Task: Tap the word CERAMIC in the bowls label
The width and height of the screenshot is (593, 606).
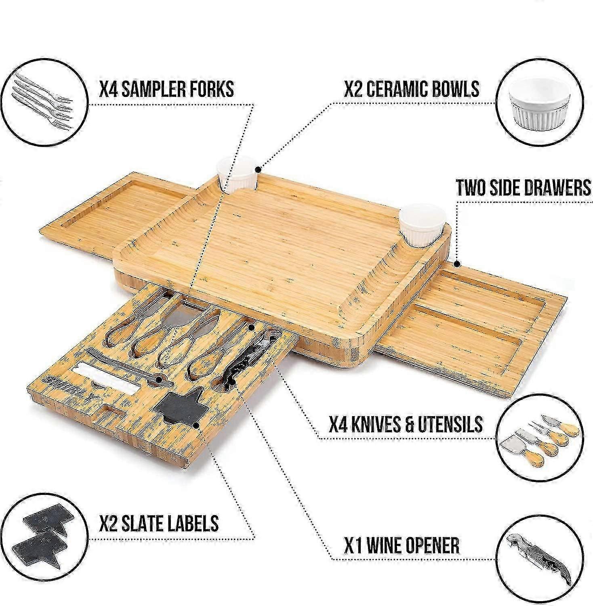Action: point(406,88)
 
